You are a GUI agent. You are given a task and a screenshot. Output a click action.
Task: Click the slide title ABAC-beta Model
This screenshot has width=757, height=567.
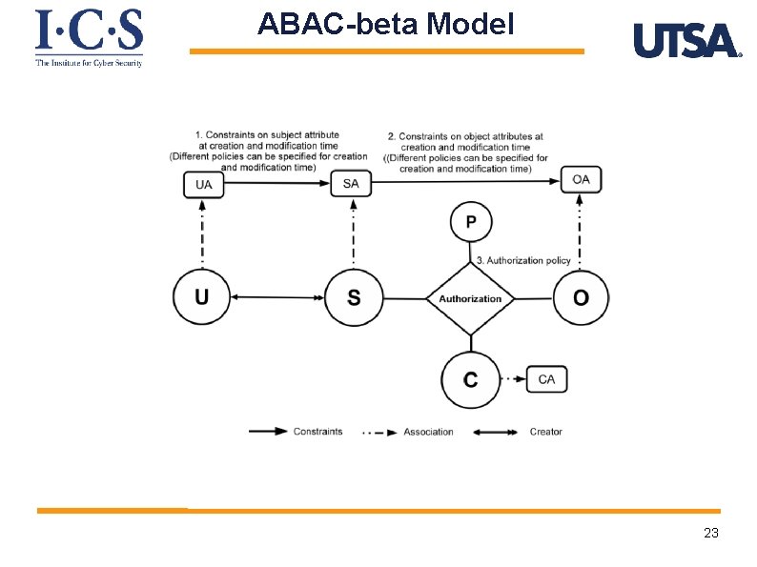(x=386, y=24)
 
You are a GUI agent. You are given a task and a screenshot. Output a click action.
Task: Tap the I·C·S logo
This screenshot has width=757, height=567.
(x=89, y=36)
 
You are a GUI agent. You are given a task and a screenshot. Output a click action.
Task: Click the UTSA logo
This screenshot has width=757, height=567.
(x=686, y=42)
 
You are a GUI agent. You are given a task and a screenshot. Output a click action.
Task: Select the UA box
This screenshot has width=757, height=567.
(x=204, y=184)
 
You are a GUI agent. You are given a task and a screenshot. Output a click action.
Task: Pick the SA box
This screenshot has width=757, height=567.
(x=351, y=184)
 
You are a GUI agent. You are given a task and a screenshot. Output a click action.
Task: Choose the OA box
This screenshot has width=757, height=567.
(x=581, y=179)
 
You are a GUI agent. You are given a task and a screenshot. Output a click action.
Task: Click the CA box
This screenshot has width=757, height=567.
(x=546, y=379)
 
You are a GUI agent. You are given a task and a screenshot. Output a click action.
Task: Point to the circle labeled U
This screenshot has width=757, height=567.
(x=202, y=298)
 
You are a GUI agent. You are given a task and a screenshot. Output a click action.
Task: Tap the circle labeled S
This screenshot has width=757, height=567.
(x=354, y=298)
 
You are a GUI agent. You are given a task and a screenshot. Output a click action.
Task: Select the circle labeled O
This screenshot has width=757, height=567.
(x=581, y=298)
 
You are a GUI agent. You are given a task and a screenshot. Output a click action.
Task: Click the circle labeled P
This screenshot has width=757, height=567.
(x=471, y=223)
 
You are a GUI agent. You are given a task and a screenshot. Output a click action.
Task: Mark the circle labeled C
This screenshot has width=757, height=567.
(x=470, y=379)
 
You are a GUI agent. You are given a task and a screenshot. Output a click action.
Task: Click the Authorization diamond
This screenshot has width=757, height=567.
(x=470, y=298)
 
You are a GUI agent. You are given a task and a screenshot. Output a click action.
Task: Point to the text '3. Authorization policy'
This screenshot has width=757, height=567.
(x=522, y=260)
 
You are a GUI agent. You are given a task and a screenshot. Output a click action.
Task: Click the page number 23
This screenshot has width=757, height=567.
(x=710, y=533)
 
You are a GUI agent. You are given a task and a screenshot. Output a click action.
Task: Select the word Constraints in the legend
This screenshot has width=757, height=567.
(x=317, y=432)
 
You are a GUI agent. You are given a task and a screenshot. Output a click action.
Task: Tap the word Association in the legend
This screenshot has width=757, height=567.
(x=428, y=432)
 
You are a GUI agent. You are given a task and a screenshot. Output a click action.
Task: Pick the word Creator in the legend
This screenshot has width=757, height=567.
(x=546, y=432)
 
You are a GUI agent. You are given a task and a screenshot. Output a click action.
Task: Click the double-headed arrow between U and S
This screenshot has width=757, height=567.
(x=277, y=298)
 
